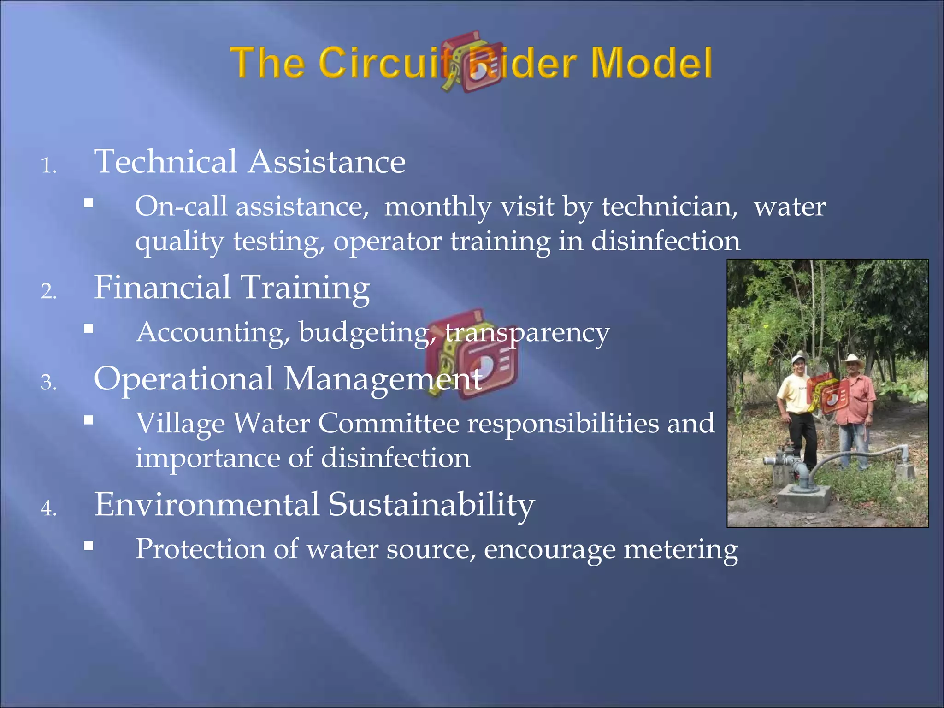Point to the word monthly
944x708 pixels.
(x=438, y=206)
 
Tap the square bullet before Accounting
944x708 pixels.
(x=89, y=329)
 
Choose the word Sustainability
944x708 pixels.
(x=431, y=505)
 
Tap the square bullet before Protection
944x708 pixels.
(x=89, y=546)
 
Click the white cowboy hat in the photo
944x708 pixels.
(x=854, y=360)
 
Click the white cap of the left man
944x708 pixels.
(x=798, y=358)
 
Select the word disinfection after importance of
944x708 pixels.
(x=395, y=458)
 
